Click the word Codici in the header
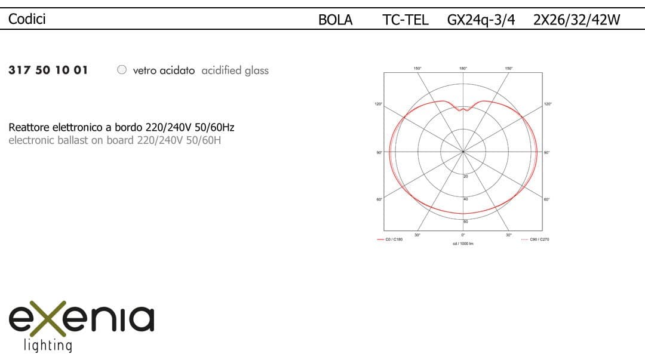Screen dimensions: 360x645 pos(27,19)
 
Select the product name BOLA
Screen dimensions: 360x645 pos(335,20)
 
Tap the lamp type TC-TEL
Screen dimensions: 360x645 pos(405,20)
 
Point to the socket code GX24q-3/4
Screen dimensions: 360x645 pos(480,20)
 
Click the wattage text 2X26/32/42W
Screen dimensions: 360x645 pos(576,20)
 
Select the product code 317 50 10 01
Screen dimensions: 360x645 pos(48,70)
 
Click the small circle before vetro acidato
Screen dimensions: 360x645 pos(122,70)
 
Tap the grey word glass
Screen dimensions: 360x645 pos(257,70)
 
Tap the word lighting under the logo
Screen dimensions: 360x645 pos(47,345)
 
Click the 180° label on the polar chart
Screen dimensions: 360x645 pos(463,68)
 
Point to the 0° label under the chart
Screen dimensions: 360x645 pos(463,235)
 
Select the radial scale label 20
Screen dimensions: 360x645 pos(466,176)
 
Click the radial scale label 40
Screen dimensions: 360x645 pos(466,199)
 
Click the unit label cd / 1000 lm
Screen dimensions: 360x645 pos(463,244)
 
